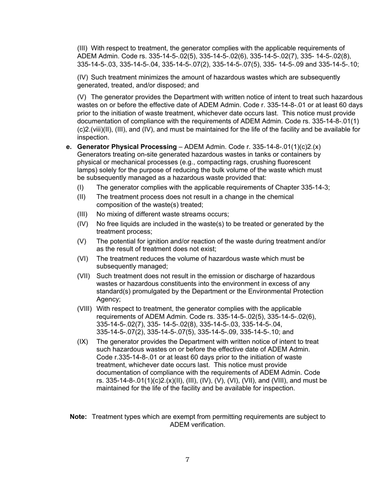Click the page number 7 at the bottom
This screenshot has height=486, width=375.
(x=187, y=460)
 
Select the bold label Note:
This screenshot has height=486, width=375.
(x=78, y=417)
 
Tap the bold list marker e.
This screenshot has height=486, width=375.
(x=69, y=147)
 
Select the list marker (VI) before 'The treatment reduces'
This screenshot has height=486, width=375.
(x=82, y=259)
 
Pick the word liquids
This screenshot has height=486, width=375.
(x=133, y=224)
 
